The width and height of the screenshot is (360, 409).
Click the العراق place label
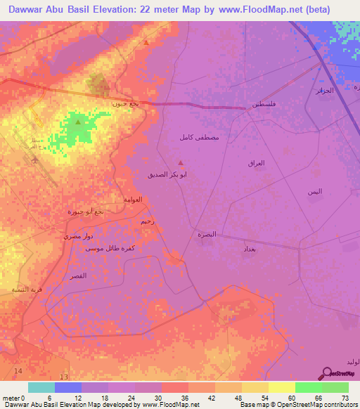[x=257, y=163]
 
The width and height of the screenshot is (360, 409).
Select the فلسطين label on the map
[x=262, y=104]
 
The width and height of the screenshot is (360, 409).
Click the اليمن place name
[x=314, y=192]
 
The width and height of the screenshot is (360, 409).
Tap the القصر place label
[x=78, y=276]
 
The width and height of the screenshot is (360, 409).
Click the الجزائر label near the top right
[x=323, y=91]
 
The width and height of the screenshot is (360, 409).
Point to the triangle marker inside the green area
[x=77, y=122]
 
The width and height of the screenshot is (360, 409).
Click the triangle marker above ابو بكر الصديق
[x=181, y=164]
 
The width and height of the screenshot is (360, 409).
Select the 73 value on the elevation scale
[x=344, y=398]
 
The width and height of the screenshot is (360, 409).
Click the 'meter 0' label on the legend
[x=14, y=398]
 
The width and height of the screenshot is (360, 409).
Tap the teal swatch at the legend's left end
[x=41, y=387]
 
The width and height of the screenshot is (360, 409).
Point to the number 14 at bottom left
[x=18, y=370]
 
